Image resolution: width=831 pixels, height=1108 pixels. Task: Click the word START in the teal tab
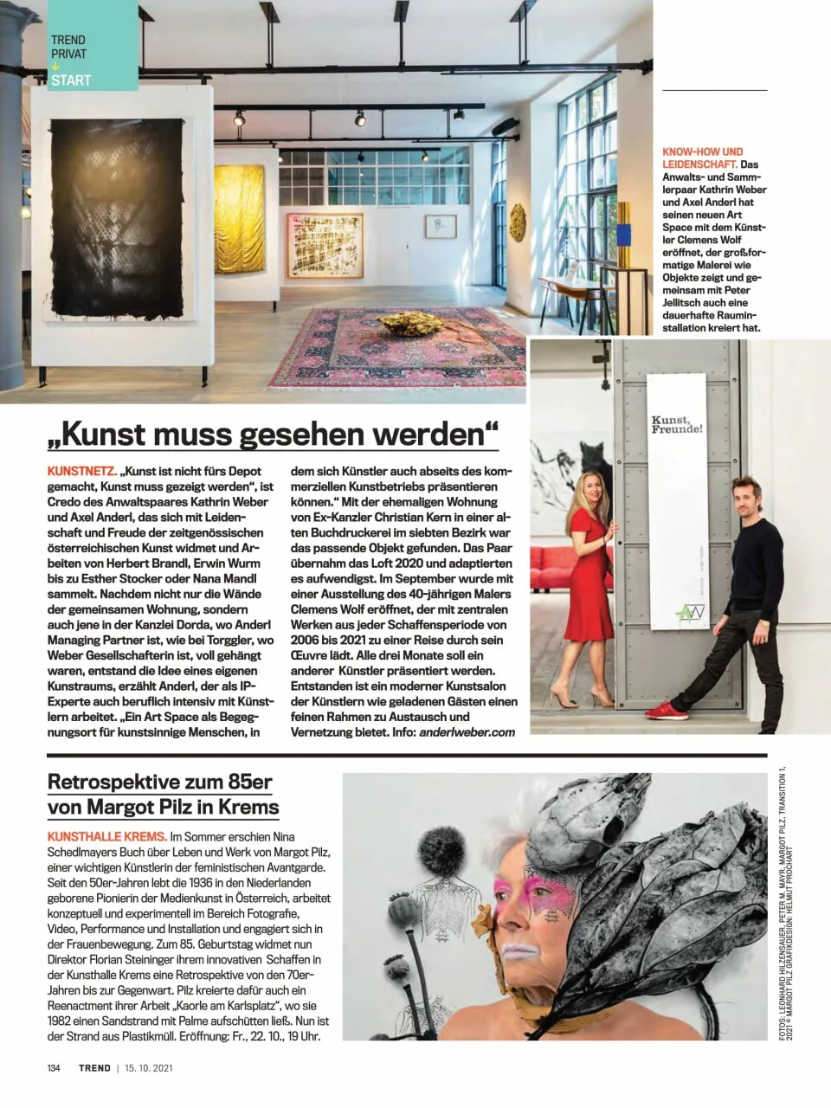(71, 81)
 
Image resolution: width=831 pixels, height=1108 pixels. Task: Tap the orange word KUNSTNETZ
(81, 472)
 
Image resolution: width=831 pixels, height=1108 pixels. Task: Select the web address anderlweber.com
(467, 732)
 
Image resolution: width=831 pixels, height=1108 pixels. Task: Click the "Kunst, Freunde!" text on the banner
(676, 424)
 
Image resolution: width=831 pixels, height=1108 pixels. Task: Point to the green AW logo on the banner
(690, 615)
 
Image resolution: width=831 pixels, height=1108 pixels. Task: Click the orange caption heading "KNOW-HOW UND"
(702, 151)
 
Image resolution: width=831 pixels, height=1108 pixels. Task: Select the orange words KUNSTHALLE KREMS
(106, 837)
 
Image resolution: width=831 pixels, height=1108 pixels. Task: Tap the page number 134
(54, 1068)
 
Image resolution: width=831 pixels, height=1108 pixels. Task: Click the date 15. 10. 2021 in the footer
(149, 1068)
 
